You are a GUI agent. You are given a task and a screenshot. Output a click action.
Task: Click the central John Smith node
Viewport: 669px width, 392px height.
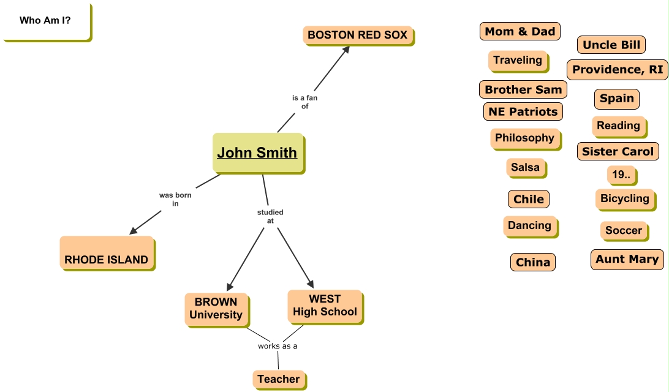click(257, 153)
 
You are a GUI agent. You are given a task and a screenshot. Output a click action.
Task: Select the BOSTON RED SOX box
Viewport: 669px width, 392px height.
click(358, 35)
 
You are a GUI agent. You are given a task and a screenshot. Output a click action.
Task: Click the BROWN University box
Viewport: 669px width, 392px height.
click(216, 309)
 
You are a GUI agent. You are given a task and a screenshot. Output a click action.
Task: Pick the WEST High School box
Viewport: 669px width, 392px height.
click(325, 306)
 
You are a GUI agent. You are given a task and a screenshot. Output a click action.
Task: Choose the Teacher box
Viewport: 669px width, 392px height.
click(279, 379)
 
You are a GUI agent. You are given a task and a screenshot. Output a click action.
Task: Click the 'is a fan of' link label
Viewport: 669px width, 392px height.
click(304, 102)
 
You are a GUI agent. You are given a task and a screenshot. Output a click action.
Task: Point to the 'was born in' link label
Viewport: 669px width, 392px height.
click(175, 199)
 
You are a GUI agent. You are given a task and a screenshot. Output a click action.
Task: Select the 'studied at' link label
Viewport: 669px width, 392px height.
click(270, 216)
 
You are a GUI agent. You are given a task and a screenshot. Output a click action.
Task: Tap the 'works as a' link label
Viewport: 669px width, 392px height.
click(278, 346)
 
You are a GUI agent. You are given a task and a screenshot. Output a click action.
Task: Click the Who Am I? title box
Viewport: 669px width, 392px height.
click(46, 21)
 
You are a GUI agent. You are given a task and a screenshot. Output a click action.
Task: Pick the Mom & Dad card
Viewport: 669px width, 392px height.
click(520, 31)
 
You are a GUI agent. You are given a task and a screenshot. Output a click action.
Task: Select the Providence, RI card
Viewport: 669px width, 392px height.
click(617, 69)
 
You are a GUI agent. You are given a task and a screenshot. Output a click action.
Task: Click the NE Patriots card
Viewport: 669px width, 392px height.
click(523, 111)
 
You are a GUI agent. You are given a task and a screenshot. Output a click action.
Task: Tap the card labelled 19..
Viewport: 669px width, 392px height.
click(621, 175)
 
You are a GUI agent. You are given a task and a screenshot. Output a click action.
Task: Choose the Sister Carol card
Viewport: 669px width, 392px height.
click(618, 151)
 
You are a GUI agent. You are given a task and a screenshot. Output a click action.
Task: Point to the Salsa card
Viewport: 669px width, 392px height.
click(526, 167)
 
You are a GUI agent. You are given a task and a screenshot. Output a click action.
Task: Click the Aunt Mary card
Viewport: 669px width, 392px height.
click(627, 259)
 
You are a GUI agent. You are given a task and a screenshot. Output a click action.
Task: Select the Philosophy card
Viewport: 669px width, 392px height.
click(524, 138)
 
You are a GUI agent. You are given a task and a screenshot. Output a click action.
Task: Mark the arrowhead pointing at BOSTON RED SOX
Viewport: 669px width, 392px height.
click(346, 50)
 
